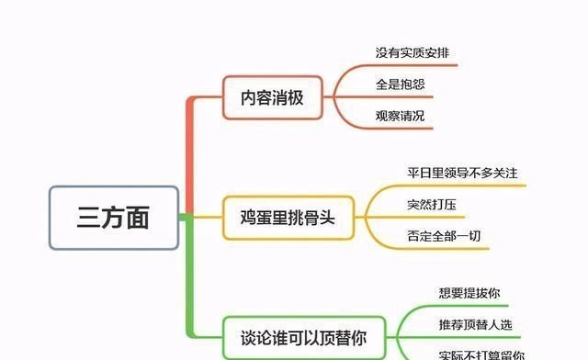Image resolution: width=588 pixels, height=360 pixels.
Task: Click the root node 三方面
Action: click(x=113, y=219)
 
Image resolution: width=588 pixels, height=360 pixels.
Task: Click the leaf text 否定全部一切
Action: click(x=442, y=235)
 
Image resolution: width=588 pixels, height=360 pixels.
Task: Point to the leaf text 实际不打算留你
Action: click(x=481, y=354)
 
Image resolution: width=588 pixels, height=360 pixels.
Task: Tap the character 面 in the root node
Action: click(x=138, y=219)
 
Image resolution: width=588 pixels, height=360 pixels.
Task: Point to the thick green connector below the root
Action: click(x=189, y=276)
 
